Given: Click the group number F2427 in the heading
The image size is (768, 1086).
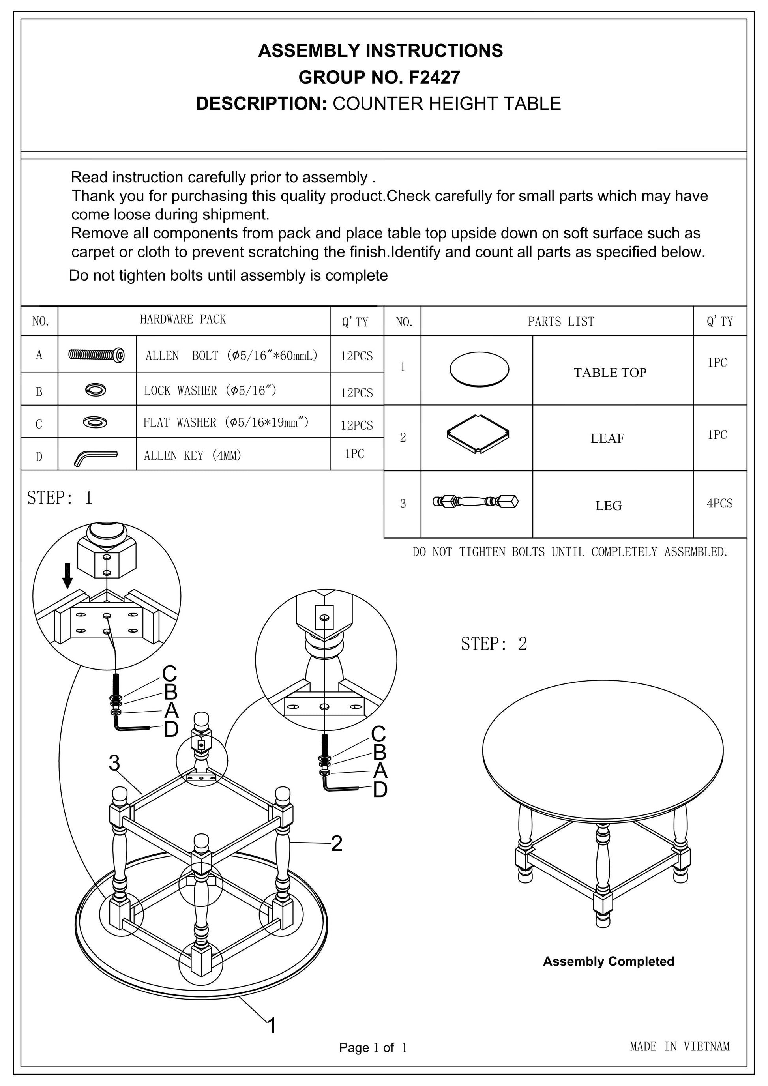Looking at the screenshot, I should pos(434,77).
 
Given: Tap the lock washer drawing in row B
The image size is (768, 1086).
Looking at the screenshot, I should pos(96,389).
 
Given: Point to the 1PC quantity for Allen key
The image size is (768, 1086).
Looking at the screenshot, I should pos(354,454).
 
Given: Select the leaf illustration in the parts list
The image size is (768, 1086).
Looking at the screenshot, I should pos(478,434).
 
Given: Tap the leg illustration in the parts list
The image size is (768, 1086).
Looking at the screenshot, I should pos(476,502).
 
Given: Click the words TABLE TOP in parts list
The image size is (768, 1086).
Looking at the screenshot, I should pos(610,373).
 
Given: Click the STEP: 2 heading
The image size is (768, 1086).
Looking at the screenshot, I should pos(494,644).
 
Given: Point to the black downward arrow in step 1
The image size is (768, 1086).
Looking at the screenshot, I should pos(68,575).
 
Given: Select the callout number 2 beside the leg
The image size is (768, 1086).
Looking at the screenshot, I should pos(336,844).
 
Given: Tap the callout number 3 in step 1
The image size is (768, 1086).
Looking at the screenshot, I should pos(114,763).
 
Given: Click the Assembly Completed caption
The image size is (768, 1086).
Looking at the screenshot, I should pos(608,962).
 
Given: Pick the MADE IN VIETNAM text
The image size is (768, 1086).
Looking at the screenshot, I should pos(680,1047).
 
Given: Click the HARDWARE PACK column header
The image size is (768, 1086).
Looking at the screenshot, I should pos(183,319).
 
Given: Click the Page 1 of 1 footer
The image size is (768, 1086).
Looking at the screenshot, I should pos(373,1048).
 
